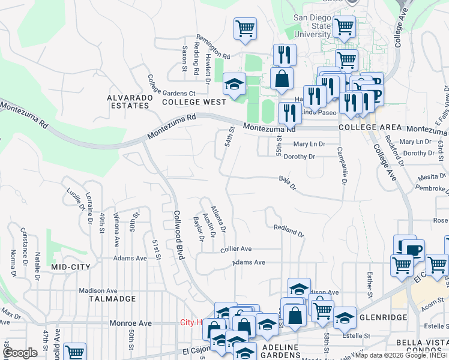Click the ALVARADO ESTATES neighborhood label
(x=128, y=101)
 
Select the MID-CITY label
(x=71, y=266)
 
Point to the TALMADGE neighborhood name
(x=109, y=298)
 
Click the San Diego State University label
(x=312, y=26)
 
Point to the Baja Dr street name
(x=288, y=182)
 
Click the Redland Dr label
(x=289, y=230)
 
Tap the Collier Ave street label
(x=236, y=248)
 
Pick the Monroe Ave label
(x=130, y=323)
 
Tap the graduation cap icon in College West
(x=234, y=85)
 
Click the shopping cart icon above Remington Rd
(x=245, y=29)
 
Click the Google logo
(x=20, y=353)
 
